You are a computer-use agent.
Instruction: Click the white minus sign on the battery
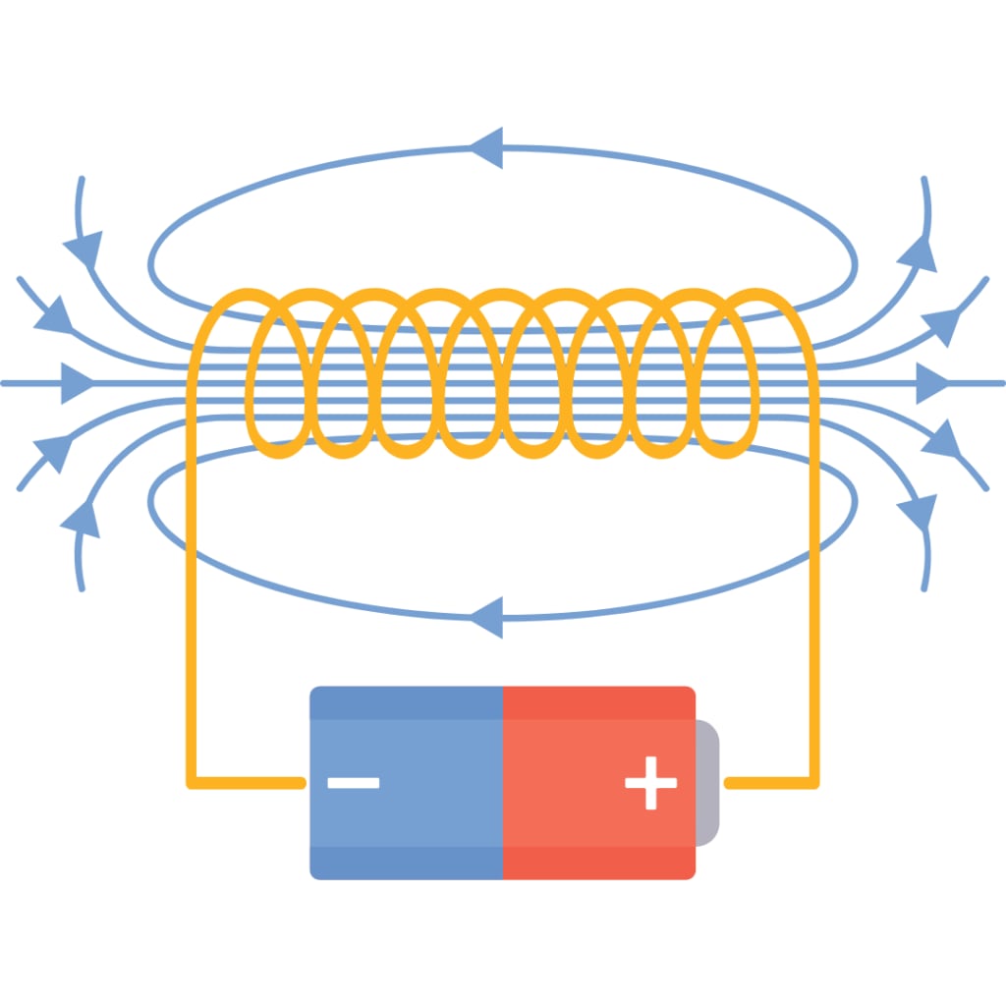353,783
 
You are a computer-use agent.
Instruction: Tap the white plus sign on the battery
650,783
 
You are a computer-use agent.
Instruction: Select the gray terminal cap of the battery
707,783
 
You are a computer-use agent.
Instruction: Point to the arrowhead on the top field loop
487,148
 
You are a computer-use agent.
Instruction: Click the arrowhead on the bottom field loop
487,617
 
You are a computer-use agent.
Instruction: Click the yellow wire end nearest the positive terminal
731,783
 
